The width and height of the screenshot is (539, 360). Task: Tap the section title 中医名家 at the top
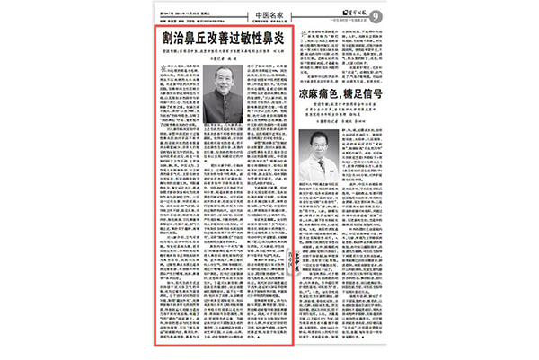point(269,13)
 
